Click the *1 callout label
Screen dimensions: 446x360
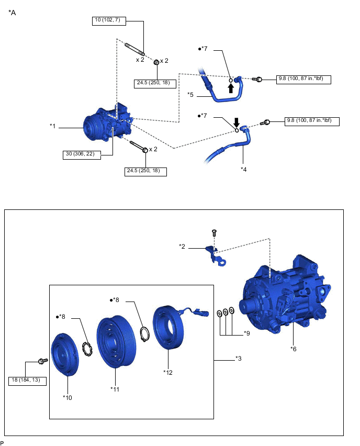pyautogui.click(x=53, y=126)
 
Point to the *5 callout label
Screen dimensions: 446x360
pyautogui.click(x=191, y=95)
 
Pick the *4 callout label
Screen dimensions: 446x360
pyautogui.click(x=243, y=169)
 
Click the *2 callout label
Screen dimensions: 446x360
pyautogui.click(x=182, y=246)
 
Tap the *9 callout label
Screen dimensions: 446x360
pyautogui.click(x=248, y=333)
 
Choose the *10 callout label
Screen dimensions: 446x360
pyautogui.click(x=67, y=397)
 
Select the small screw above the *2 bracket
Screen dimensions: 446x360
pyautogui.click(x=214, y=232)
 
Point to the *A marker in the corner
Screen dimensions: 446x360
pyautogui.click(x=13, y=13)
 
